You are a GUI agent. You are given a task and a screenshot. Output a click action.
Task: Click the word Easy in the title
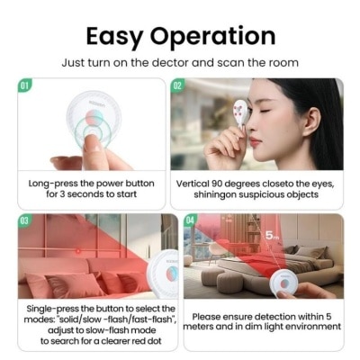tap(114, 37)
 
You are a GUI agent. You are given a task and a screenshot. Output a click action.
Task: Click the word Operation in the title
tap(212, 37)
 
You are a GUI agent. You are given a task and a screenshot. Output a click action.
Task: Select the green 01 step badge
tap(24, 85)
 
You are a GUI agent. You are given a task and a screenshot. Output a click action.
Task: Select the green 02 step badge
tap(177, 85)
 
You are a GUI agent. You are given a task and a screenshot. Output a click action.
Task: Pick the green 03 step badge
tap(24, 221)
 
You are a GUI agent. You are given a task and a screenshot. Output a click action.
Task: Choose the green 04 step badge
tap(191, 221)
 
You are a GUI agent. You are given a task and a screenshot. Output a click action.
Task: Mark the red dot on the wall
tap(78, 250)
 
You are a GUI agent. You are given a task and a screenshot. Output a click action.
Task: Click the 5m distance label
tap(272, 236)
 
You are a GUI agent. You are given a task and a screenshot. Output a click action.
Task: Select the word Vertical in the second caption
tap(193, 184)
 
